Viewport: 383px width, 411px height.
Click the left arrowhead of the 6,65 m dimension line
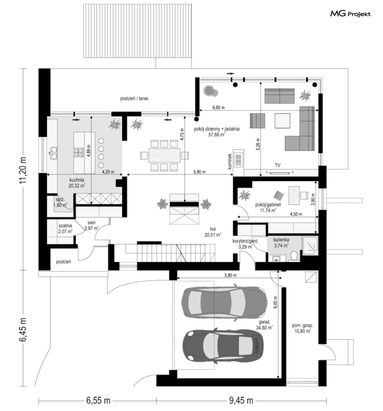(x=201, y=110)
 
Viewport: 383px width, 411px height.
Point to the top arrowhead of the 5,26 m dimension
(x=260, y=83)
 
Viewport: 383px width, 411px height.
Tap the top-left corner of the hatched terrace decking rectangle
(x=84, y=4)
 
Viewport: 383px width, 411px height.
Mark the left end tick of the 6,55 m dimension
(x=39, y=401)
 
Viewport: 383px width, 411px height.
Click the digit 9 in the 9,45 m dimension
(x=232, y=401)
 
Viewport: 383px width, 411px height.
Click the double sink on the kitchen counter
(x=54, y=153)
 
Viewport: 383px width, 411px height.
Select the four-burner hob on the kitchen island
(x=78, y=152)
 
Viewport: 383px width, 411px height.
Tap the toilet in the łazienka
(x=294, y=256)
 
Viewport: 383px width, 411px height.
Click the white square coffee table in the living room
(x=283, y=121)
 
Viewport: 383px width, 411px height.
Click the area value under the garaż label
(x=264, y=327)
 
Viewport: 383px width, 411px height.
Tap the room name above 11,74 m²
(x=268, y=205)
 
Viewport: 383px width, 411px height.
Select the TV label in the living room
(x=278, y=165)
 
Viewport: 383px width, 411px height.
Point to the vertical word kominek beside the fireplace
(x=230, y=161)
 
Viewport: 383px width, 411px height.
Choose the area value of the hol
(x=213, y=235)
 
